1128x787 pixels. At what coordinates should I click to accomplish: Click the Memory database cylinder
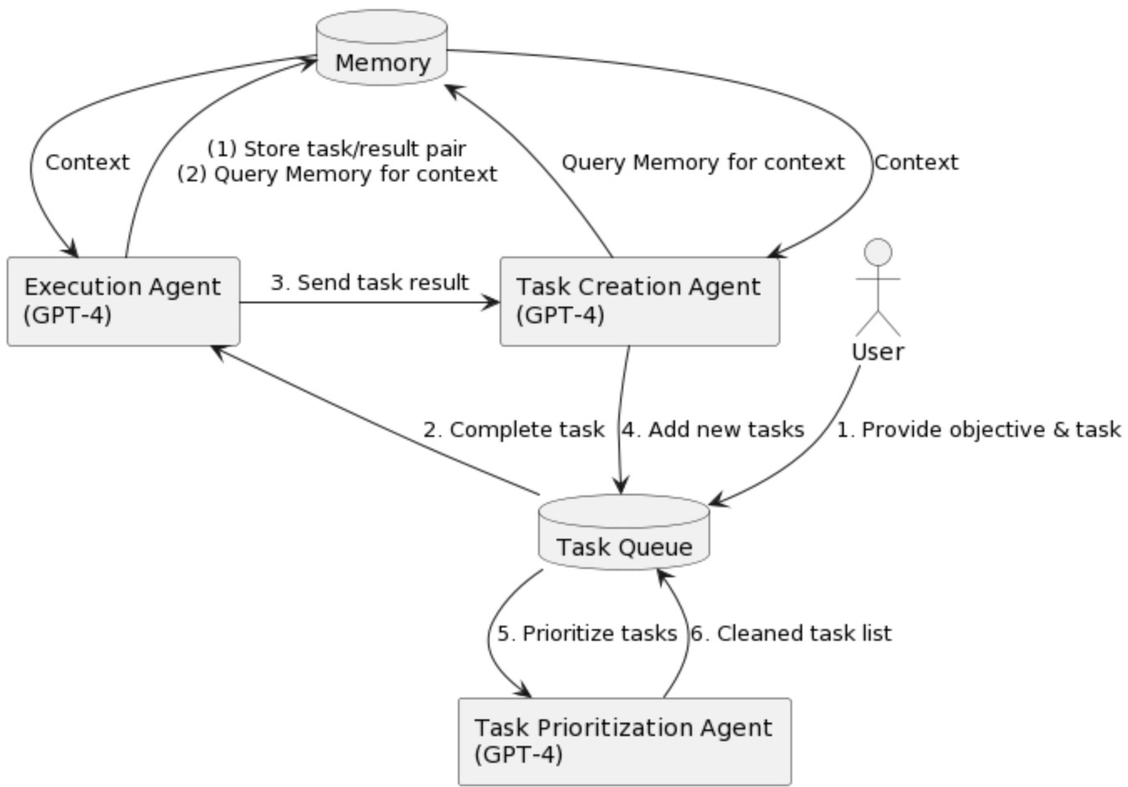point(382,49)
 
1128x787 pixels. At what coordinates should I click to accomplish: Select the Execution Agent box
point(124,302)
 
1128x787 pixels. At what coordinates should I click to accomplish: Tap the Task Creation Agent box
point(639,302)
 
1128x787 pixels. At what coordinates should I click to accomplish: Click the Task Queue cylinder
point(624,535)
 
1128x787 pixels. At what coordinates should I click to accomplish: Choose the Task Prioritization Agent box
point(624,741)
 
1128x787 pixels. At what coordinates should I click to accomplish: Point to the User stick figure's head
point(877,252)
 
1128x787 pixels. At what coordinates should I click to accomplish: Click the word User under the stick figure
point(877,352)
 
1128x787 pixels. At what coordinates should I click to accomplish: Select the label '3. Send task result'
point(369,282)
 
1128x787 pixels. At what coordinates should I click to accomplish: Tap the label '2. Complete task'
point(513,429)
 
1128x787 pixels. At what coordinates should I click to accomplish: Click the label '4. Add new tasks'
point(712,429)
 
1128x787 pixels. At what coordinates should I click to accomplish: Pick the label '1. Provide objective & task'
point(978,429)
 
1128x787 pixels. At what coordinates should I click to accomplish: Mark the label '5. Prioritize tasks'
point(587,633)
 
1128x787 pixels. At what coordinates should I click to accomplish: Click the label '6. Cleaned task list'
point(790,633)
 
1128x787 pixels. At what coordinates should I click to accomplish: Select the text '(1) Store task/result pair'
point(337,149)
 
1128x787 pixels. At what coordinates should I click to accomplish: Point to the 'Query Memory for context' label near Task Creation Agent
point(703,162)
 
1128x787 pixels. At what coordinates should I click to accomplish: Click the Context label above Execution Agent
point(87,162)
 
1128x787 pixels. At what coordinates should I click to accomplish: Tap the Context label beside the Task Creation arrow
point(916,162)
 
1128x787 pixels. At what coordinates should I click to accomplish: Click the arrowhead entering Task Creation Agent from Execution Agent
point(491,302)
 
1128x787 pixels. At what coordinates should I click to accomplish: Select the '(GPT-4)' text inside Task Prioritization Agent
point(518,754)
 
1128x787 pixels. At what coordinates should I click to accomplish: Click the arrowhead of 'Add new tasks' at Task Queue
point(620,487)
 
